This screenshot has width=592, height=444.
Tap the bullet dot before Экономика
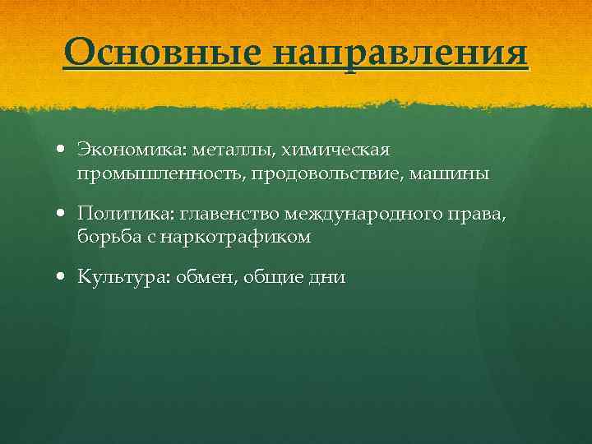click(x=63, y=151)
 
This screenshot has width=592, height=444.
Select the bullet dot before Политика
click(x=63, y=215)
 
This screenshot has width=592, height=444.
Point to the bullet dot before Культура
click(x=63, y=278)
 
